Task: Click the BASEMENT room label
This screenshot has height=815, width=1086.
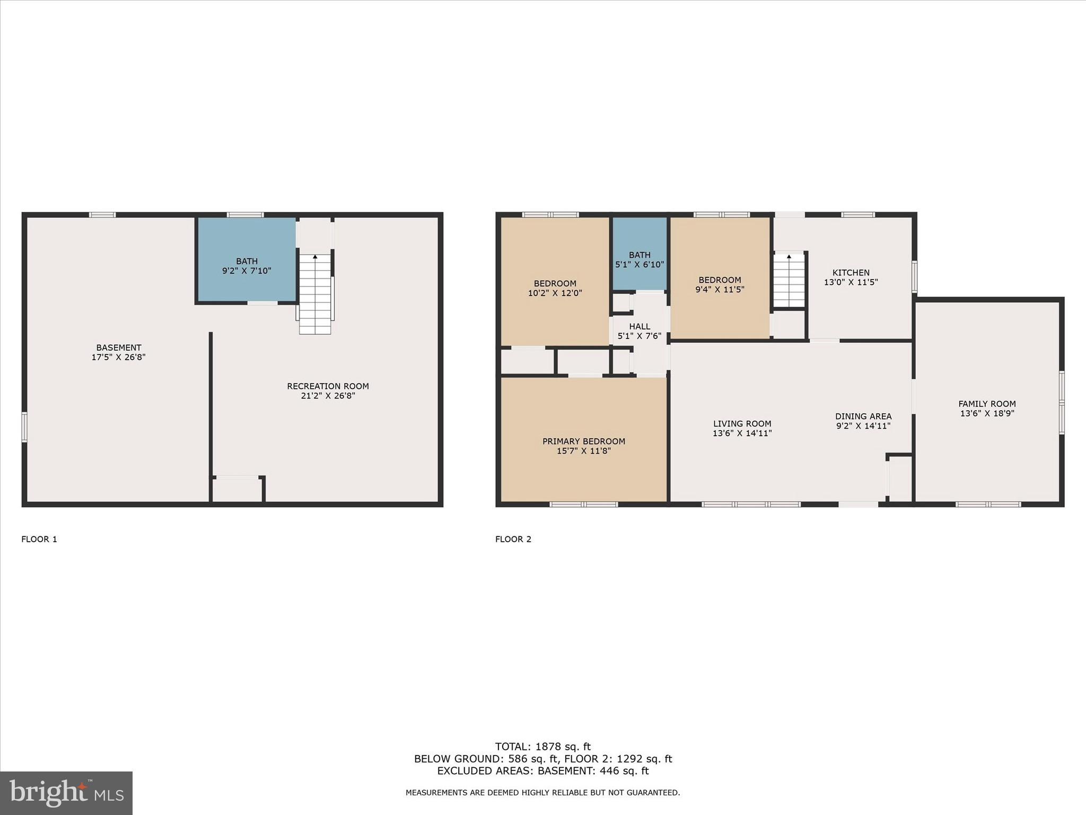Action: tap(118, 348)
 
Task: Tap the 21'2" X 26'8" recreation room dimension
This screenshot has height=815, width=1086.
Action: tap(328, 396)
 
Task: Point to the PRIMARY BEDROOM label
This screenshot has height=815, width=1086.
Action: tap(583, 441)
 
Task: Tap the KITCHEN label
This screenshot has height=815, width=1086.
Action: tap(851, 273)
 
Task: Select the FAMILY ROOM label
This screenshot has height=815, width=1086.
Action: tap(987, 404)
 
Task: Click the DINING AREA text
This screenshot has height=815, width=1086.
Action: tap(863, 417)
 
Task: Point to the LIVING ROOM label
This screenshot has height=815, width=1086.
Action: tap(742, 423)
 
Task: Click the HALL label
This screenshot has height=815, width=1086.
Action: tap(640, 326)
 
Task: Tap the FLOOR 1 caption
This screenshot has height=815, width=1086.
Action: tap(39, 539)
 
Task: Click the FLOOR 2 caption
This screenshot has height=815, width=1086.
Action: tap(513, 539)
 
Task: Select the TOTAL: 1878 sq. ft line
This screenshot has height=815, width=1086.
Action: tap(542, 747)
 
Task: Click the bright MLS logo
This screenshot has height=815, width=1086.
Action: tap(66, 793)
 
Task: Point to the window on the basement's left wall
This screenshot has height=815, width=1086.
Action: tap(24, 427)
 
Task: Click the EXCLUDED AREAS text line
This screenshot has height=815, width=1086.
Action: tap(542, 771)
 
